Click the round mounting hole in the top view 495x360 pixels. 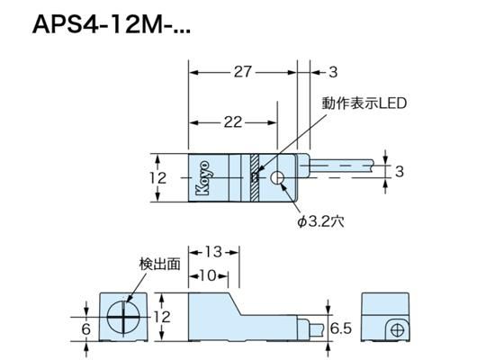pyautogui.click(x=279, y=177)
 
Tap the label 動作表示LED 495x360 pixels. pyautogui.click(x=364, y=103)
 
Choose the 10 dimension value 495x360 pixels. pyautogui.click(x=208, y=275)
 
